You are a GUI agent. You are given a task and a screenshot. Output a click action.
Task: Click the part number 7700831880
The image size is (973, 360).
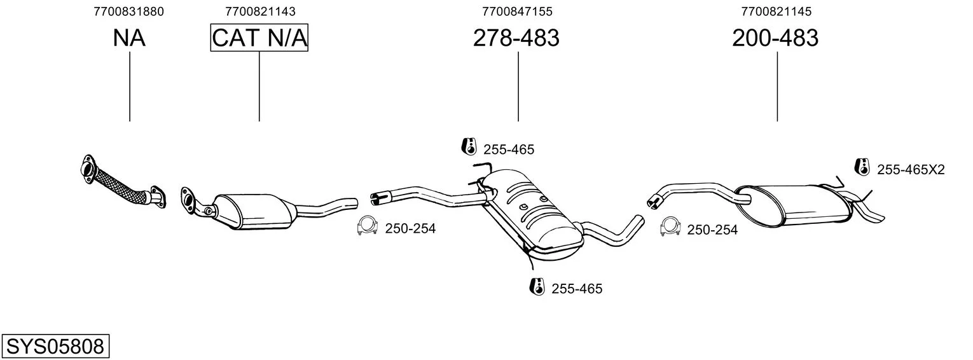coord(128,11)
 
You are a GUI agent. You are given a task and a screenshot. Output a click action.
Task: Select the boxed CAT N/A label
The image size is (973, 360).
coord(259,38)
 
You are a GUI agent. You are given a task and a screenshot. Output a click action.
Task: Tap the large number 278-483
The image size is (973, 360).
coord(516,38)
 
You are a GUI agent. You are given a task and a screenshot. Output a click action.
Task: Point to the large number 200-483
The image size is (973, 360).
coord(775,38)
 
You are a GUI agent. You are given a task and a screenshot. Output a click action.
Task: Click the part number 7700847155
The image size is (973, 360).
coord(517,11)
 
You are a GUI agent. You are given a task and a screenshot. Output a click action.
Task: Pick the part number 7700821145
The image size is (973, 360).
coord(776,11)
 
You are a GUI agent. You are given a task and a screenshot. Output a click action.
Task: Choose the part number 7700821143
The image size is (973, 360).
coord(260,11)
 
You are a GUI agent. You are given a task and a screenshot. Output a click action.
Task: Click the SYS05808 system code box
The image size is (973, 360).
coord(55,346)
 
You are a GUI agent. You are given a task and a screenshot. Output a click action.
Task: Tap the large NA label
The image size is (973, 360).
coord(129,38)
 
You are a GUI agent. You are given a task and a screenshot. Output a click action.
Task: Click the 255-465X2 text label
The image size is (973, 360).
coord(911,169)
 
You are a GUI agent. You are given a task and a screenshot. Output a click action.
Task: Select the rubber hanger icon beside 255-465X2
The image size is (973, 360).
coord(862,167)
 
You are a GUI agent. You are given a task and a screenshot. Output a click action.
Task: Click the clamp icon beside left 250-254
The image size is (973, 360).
coord(366,225)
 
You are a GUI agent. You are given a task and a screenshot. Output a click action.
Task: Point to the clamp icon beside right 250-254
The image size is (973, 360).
coord(670,226)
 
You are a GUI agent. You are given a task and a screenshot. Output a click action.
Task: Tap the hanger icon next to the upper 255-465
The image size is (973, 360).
coord(469,146)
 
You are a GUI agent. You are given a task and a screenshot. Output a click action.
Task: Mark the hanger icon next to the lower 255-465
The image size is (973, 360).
coord(537,286)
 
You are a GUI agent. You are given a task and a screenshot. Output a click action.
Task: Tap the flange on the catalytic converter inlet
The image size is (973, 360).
coord(188,200)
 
